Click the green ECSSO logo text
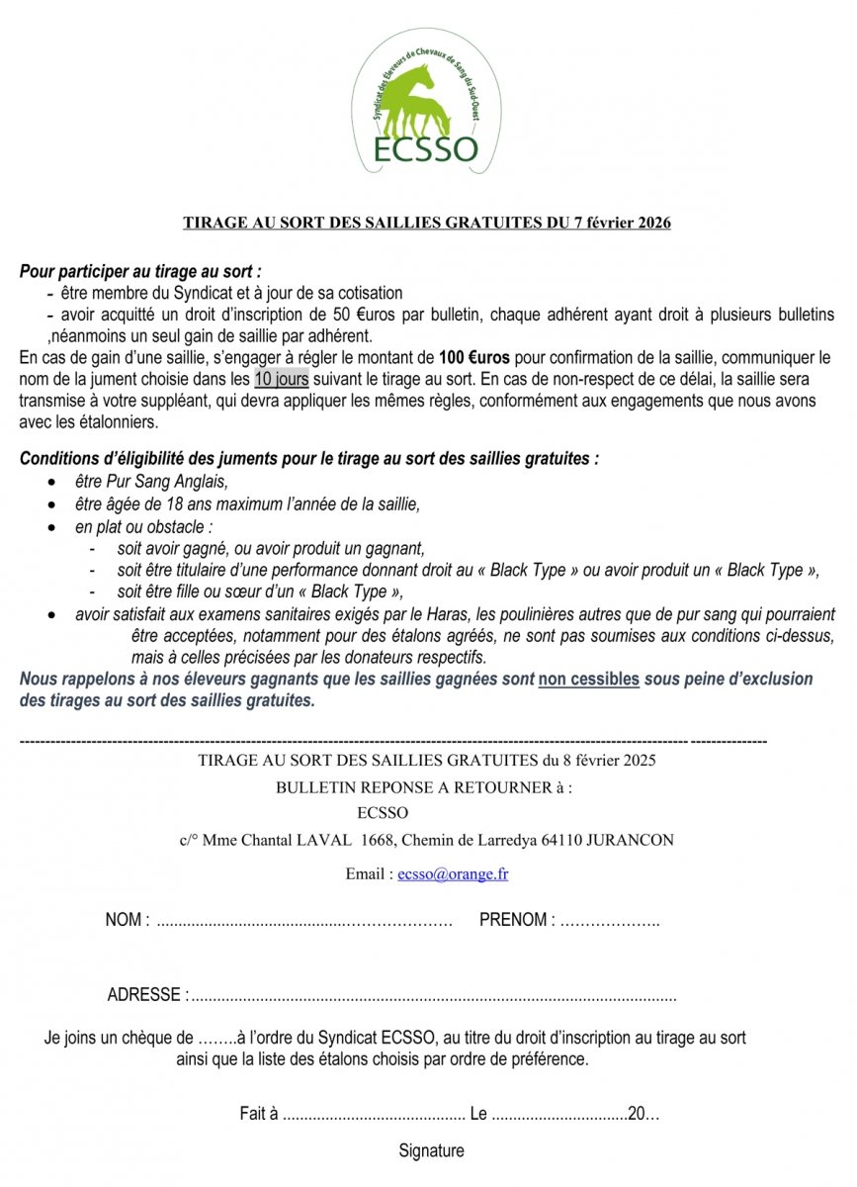tap(426, 148)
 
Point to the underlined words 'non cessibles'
tap(589, 681)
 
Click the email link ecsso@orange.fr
tap(454, 874)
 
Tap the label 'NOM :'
tap(128, 920)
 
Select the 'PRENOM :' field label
tap(516, 920)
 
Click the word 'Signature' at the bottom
tap(431, 1150)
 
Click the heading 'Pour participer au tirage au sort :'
tap(140, 271)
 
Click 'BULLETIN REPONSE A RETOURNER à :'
tap(424, 788)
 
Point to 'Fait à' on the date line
tap(259, 1114)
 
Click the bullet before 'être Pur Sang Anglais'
tap(51, 482)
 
